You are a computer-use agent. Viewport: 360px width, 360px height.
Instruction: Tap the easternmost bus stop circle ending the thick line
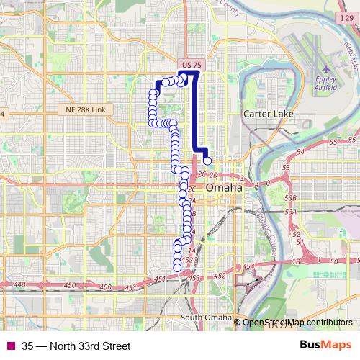click(207, 161)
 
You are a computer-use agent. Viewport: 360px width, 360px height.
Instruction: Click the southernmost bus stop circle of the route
click(178, 268)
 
